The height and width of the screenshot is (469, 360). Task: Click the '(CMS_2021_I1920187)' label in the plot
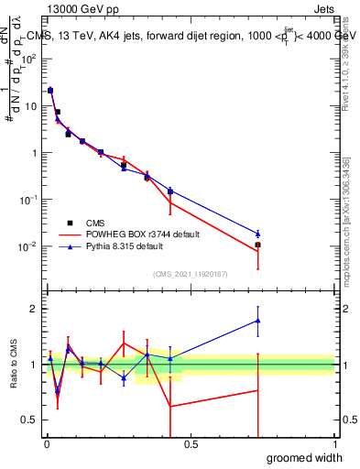191,273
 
